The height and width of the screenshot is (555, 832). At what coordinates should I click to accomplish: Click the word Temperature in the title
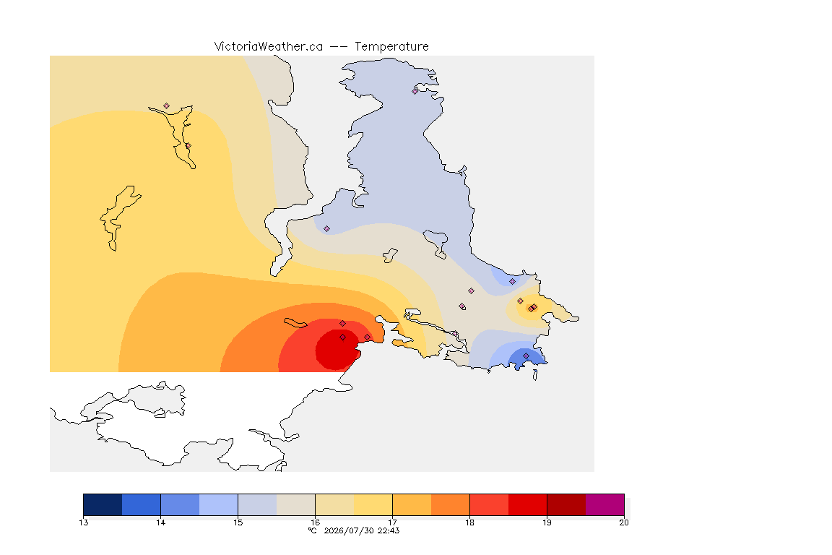coord(391,47)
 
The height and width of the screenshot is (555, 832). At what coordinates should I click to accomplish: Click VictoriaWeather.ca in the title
coord(269,47)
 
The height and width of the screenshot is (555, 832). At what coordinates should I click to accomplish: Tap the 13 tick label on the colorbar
coord(83,522)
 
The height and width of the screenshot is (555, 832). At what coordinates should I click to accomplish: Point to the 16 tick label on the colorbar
coord(315,522)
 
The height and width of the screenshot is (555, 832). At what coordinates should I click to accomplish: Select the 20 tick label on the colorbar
coord(624,522)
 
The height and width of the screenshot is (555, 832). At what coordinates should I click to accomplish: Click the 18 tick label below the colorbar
coord(469,522)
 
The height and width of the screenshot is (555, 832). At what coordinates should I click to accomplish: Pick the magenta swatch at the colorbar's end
coord(605,504)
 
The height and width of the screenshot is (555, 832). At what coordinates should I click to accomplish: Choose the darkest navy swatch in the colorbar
coord(103,504)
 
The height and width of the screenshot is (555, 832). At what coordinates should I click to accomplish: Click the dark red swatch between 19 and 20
coord(566,504)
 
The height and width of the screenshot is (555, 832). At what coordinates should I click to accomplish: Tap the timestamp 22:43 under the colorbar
coord(389,530)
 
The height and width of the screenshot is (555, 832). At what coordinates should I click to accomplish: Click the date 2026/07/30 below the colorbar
coord(349,530)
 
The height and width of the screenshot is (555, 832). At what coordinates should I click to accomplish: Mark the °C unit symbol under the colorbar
coord(313,530)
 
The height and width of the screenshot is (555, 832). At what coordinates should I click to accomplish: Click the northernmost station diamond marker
coord(415,91)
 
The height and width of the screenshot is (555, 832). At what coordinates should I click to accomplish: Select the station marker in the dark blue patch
coord(526,356)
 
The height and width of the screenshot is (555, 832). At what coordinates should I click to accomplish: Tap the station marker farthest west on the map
coord(167,106)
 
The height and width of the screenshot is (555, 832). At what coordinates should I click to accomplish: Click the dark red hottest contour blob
coord(337,350)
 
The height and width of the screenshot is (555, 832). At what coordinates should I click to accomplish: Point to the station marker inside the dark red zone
coord(343,337)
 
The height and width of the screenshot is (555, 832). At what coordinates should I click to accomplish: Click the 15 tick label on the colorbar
coord(238,522)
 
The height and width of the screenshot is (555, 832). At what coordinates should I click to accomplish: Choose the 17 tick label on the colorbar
coord(392,522)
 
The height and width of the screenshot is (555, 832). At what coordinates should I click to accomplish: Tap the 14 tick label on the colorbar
coord(161,522)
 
